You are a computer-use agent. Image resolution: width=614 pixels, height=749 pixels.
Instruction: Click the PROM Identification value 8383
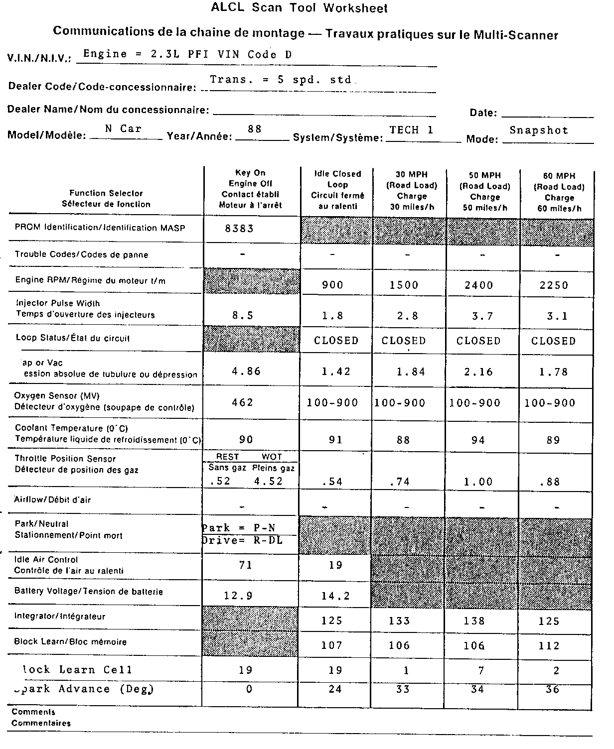(240, 229)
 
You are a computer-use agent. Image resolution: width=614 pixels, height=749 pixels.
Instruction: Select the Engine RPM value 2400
(478, 285)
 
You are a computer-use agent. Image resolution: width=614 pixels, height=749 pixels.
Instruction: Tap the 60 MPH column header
(559, 192)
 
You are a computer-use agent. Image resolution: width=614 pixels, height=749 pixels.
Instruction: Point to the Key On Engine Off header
(250, 189)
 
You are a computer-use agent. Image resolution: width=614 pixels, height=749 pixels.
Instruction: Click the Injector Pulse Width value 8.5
(243, 315)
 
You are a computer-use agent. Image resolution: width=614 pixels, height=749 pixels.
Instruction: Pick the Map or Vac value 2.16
(478, 372)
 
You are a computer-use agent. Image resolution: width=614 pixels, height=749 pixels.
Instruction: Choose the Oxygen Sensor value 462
(243, 402)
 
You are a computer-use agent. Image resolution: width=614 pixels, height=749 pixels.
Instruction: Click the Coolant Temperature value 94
(478, 440)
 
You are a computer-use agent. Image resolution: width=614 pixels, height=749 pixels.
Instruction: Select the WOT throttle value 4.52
(268, 481)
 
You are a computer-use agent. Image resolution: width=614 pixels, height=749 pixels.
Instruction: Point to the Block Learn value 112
(549, 645)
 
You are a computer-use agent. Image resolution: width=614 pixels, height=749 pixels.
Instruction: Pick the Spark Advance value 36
(553, 689)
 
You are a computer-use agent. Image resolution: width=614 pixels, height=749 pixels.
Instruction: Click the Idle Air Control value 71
(246, 565)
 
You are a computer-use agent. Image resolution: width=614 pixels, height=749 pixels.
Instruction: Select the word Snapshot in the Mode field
(539, 130)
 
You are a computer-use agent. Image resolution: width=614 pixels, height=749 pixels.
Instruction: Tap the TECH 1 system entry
(412, 130)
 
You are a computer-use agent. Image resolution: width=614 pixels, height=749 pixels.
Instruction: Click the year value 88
(255, 129)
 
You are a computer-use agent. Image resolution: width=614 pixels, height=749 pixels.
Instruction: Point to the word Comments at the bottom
(33, 712)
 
